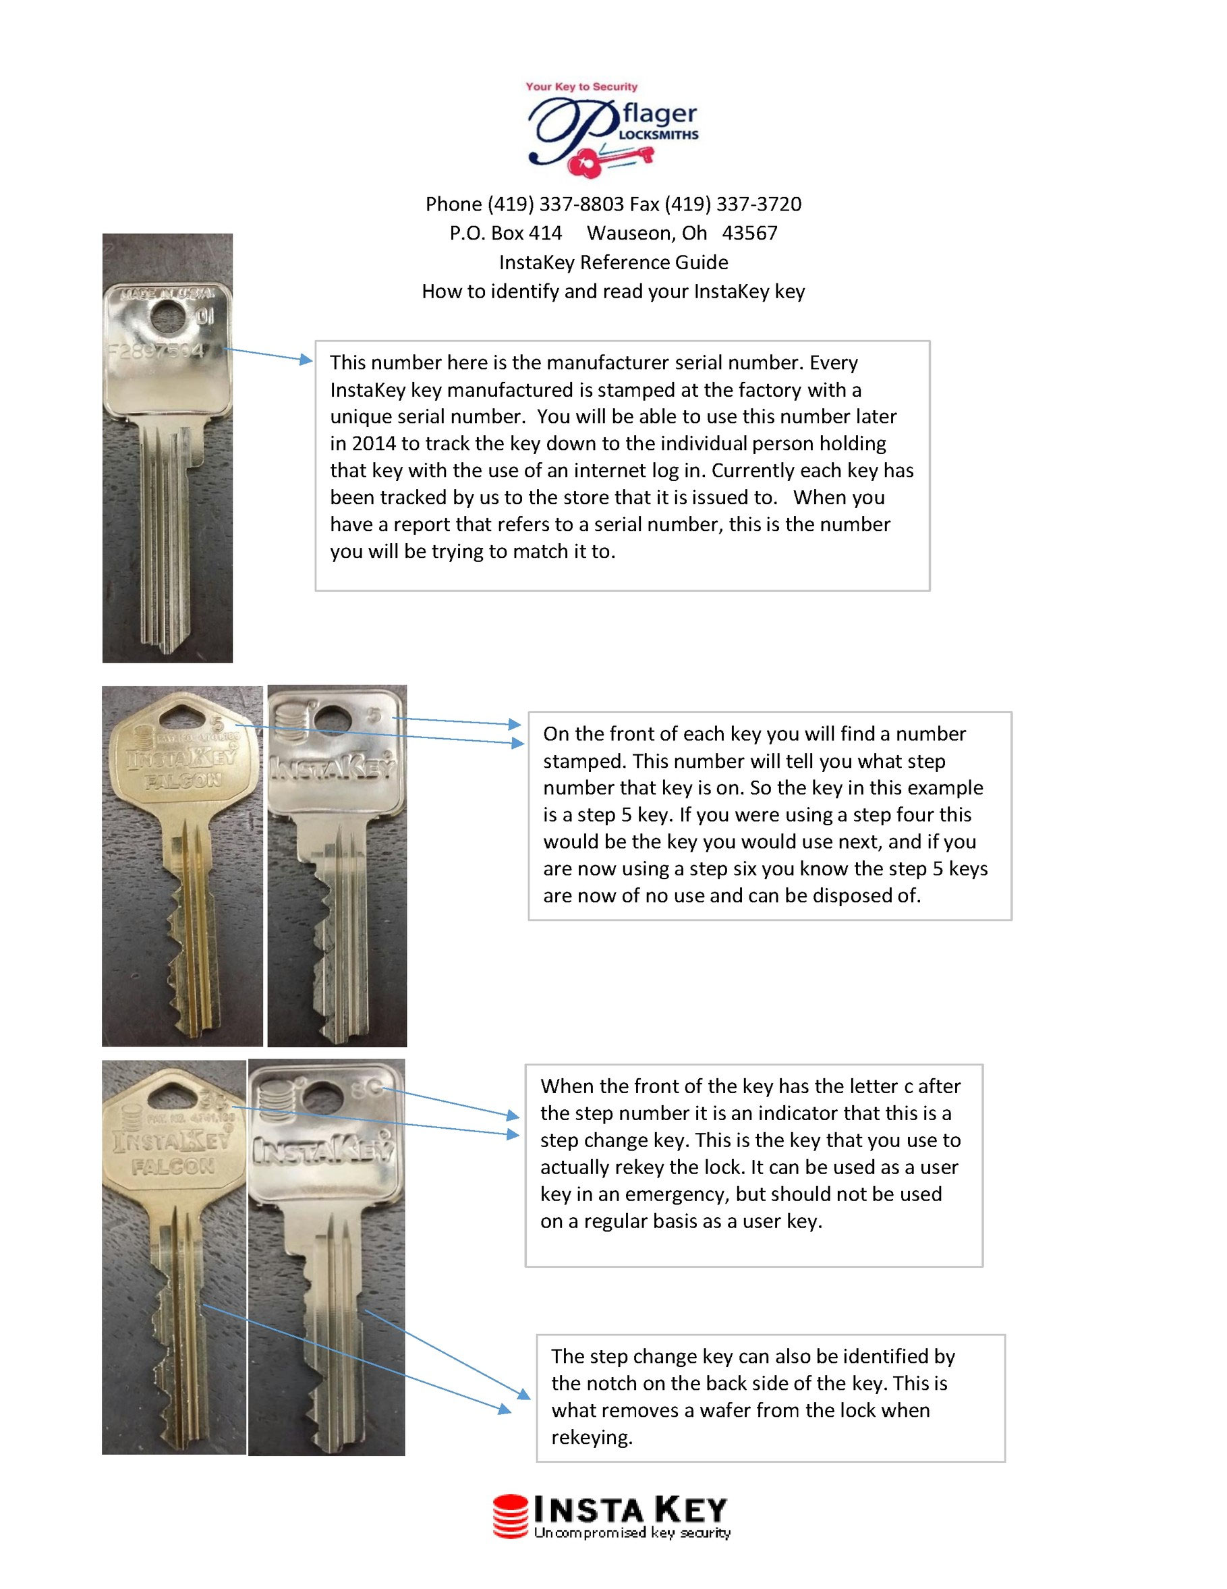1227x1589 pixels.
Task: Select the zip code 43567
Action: coord(749,233)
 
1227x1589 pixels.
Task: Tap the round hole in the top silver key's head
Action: coord(170,316)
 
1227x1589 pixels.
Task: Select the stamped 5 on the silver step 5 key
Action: coord(373,715)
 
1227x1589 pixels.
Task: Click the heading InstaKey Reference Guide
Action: coord(613,262)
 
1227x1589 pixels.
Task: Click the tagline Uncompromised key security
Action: coord(631,1533)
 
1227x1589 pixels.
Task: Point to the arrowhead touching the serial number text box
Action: coord(306,360)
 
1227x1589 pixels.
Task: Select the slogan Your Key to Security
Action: coord(581,86)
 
